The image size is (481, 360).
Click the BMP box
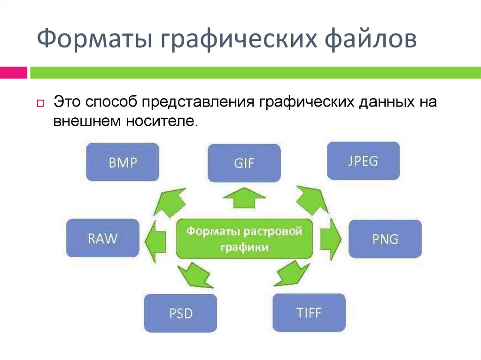(122, 162)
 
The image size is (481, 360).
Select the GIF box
(244, 163)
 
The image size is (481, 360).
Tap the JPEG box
(363, 161)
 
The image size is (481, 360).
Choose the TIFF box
(309, 312)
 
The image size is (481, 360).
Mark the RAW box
(102, 238)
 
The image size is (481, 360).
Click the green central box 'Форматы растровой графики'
(244, 238)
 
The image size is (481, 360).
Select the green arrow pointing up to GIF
(244, 197)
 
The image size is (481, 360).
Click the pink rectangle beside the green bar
(13, 73)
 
